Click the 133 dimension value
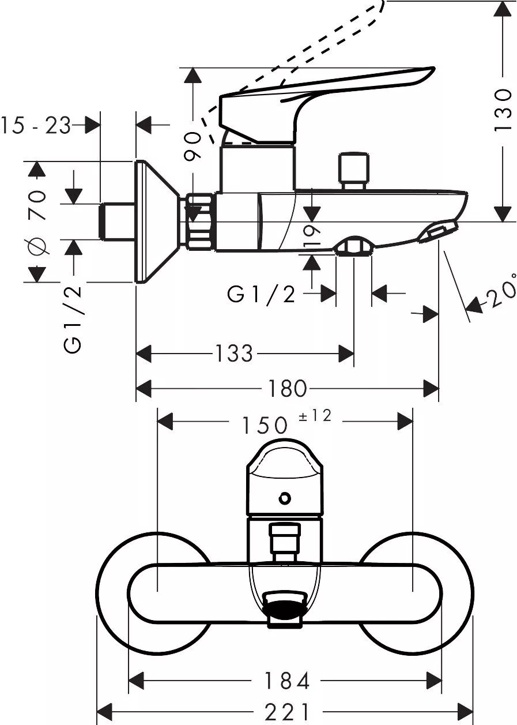tap(234, 353)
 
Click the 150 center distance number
tap(265, 425)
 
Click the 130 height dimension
tap(504, 110)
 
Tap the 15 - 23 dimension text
tap(36, 125)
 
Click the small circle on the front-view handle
tap(285, 498)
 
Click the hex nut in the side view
tap(201, 221)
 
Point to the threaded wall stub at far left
tap(118, 221)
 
